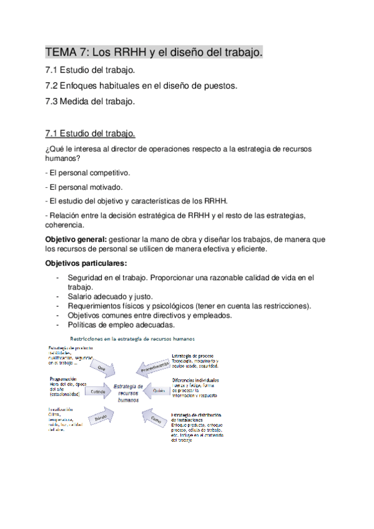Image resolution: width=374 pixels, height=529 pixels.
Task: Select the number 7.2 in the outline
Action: coord(52,85)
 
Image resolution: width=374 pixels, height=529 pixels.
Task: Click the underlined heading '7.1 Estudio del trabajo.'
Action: coord(90,133)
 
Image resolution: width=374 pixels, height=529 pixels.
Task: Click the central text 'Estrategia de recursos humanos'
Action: coord(130,394)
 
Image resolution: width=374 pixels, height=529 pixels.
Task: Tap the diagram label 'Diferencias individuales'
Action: coord(195,379)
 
